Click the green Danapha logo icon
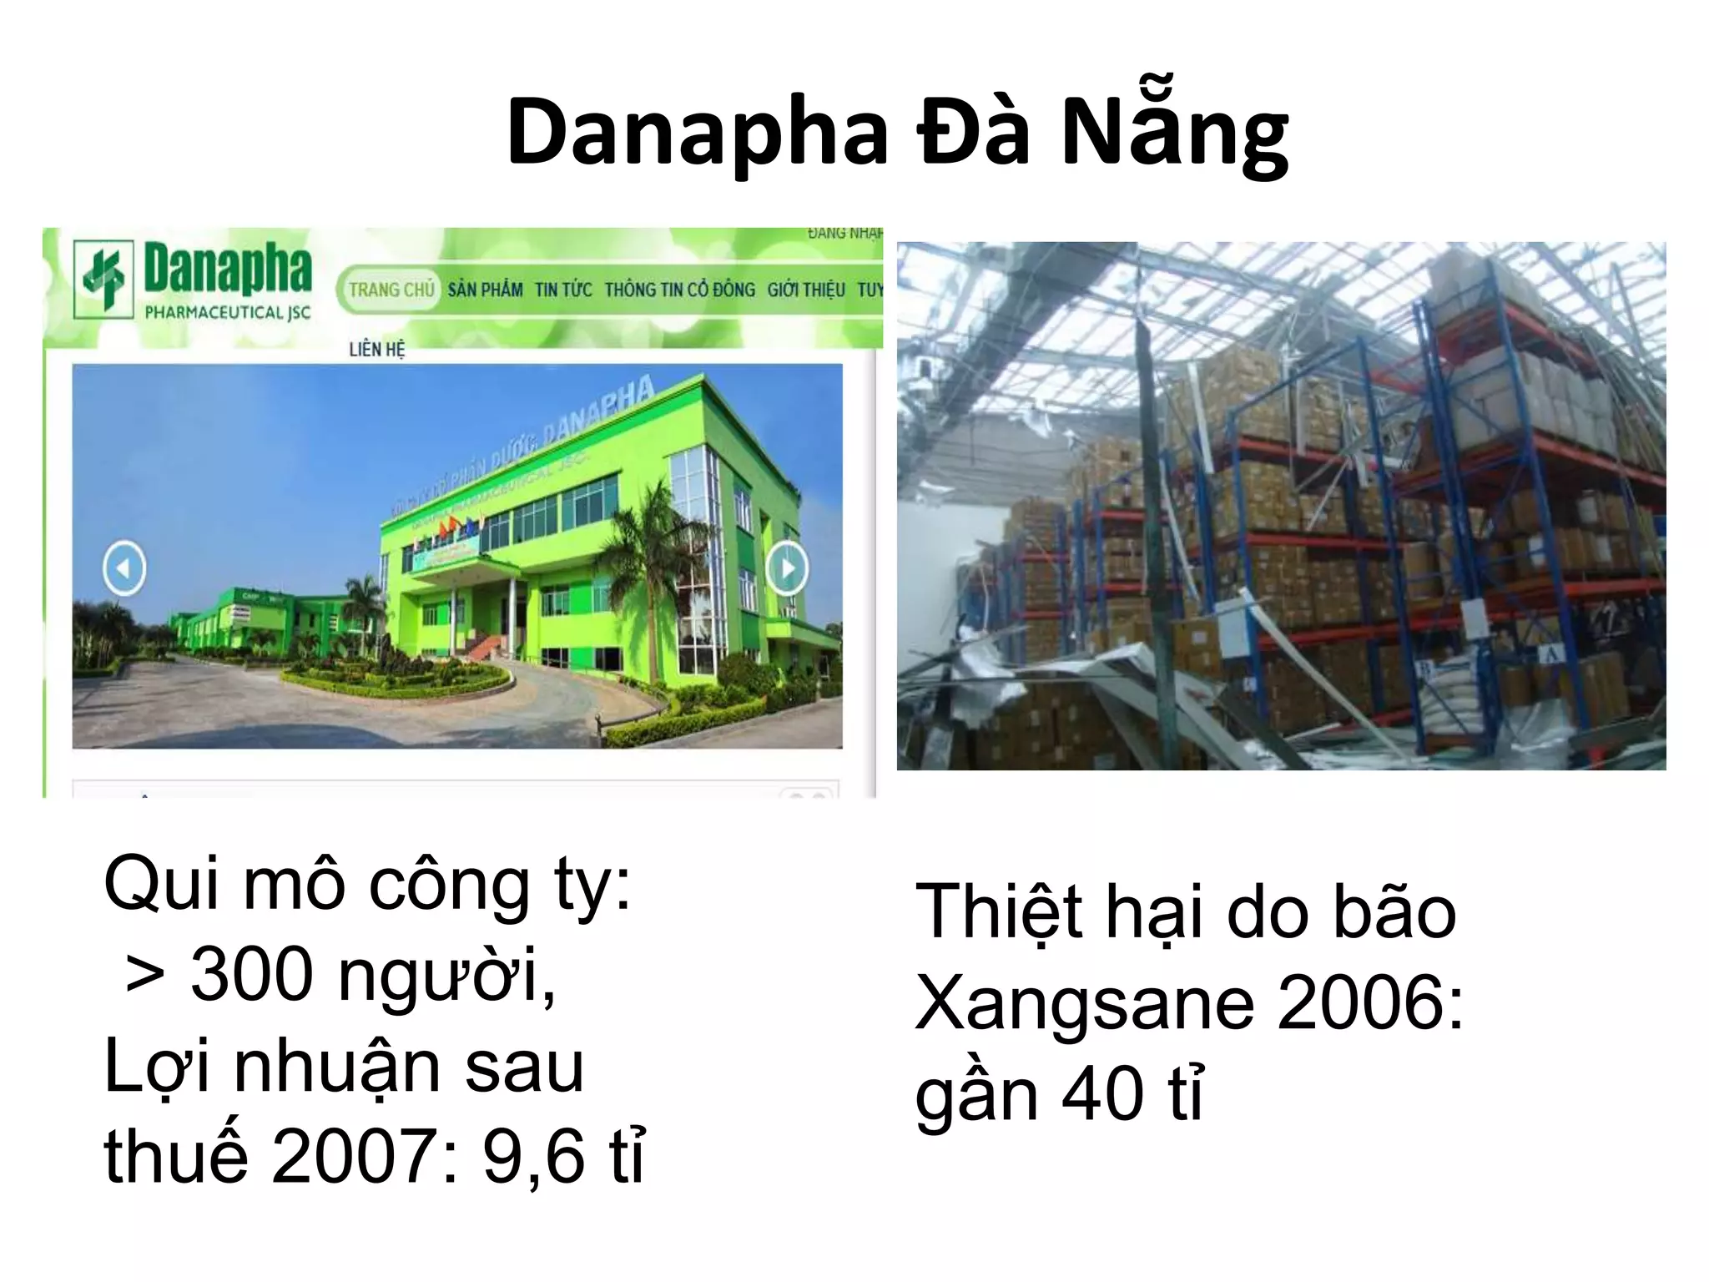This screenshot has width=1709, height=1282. pos(103,279)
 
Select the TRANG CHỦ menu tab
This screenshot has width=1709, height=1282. pos(391,290)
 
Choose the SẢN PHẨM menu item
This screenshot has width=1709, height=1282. pos(485,290)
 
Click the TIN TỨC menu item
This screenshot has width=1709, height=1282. pos(563,290)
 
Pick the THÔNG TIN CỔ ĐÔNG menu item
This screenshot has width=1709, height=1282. pos(679,290)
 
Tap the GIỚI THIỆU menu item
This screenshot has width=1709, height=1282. pos(806,290)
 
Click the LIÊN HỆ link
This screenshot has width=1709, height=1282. pos(376,350)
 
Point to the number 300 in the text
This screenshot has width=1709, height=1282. pos(251,975)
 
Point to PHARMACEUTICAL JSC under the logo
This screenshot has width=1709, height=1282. pos(227,313)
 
